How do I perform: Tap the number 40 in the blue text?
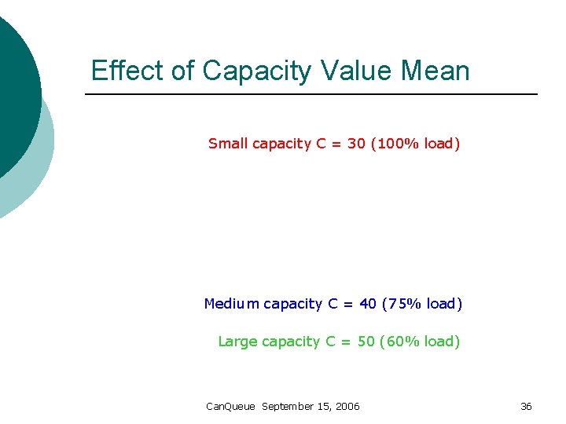(x=367, y=304)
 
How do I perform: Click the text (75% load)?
(x=422, y=304)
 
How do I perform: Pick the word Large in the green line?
(x=237, y=342)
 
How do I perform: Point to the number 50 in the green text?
(x=366, y=342)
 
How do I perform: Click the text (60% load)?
(x=420, y=342)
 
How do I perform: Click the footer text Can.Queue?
(x=230, y=407)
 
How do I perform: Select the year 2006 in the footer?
(x=347, y=407)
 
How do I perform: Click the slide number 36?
(x=526, y=407)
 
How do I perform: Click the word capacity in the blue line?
(x=292, y=305)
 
